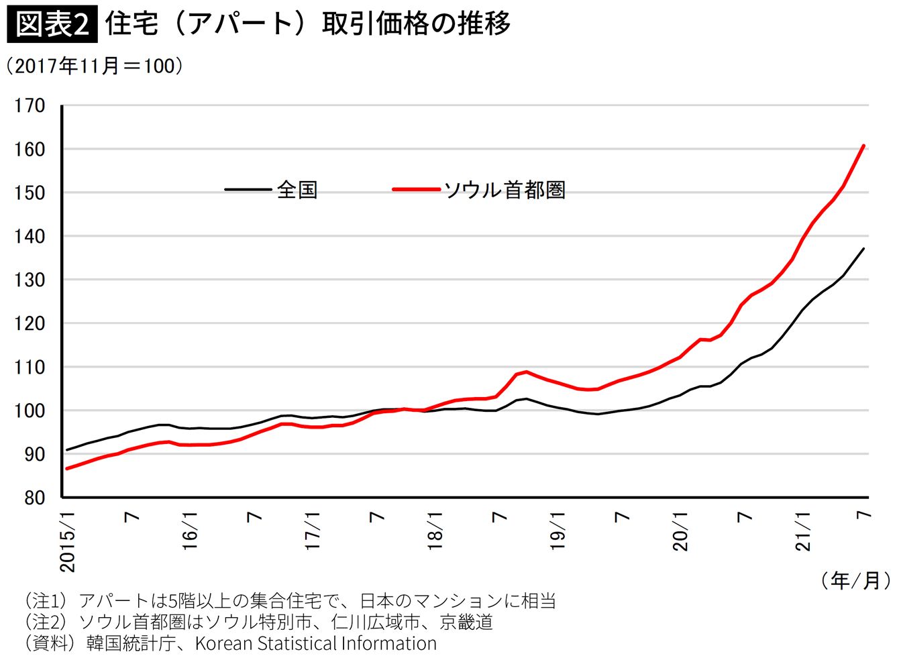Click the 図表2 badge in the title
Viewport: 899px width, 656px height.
tap(52, 24)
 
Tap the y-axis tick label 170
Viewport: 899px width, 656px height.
tap(30, 106)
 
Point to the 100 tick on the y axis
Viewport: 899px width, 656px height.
tap(30, 411)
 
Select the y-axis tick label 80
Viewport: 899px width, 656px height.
tap(34, 498)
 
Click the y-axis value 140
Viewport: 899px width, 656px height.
tap(30, 236)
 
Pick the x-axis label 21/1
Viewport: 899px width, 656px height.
tap(804, 531)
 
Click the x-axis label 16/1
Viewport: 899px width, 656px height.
tap(191, 531)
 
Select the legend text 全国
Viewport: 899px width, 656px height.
tap(297, 190)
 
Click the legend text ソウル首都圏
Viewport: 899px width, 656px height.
tap(505, 190)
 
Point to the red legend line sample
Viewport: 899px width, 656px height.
tap(416, 190)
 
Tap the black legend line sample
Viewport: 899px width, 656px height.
tap(248, 190)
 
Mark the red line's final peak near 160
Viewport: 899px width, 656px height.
tap(863, 146)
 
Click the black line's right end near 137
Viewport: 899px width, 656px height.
tap(863, 249)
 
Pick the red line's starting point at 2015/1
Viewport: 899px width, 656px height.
tap(66, 469)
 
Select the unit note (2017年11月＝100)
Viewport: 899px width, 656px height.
tap(95, 66)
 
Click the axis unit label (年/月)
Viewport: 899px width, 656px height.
tap(856, 580)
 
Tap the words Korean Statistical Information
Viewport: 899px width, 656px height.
tap(315, 643)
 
